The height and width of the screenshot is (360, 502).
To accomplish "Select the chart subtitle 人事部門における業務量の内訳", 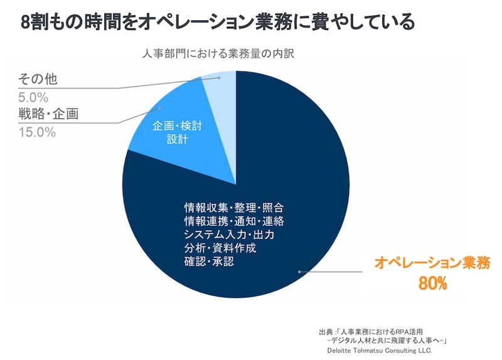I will (216, 53).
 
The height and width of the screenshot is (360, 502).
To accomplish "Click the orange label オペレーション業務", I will (428, 263).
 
